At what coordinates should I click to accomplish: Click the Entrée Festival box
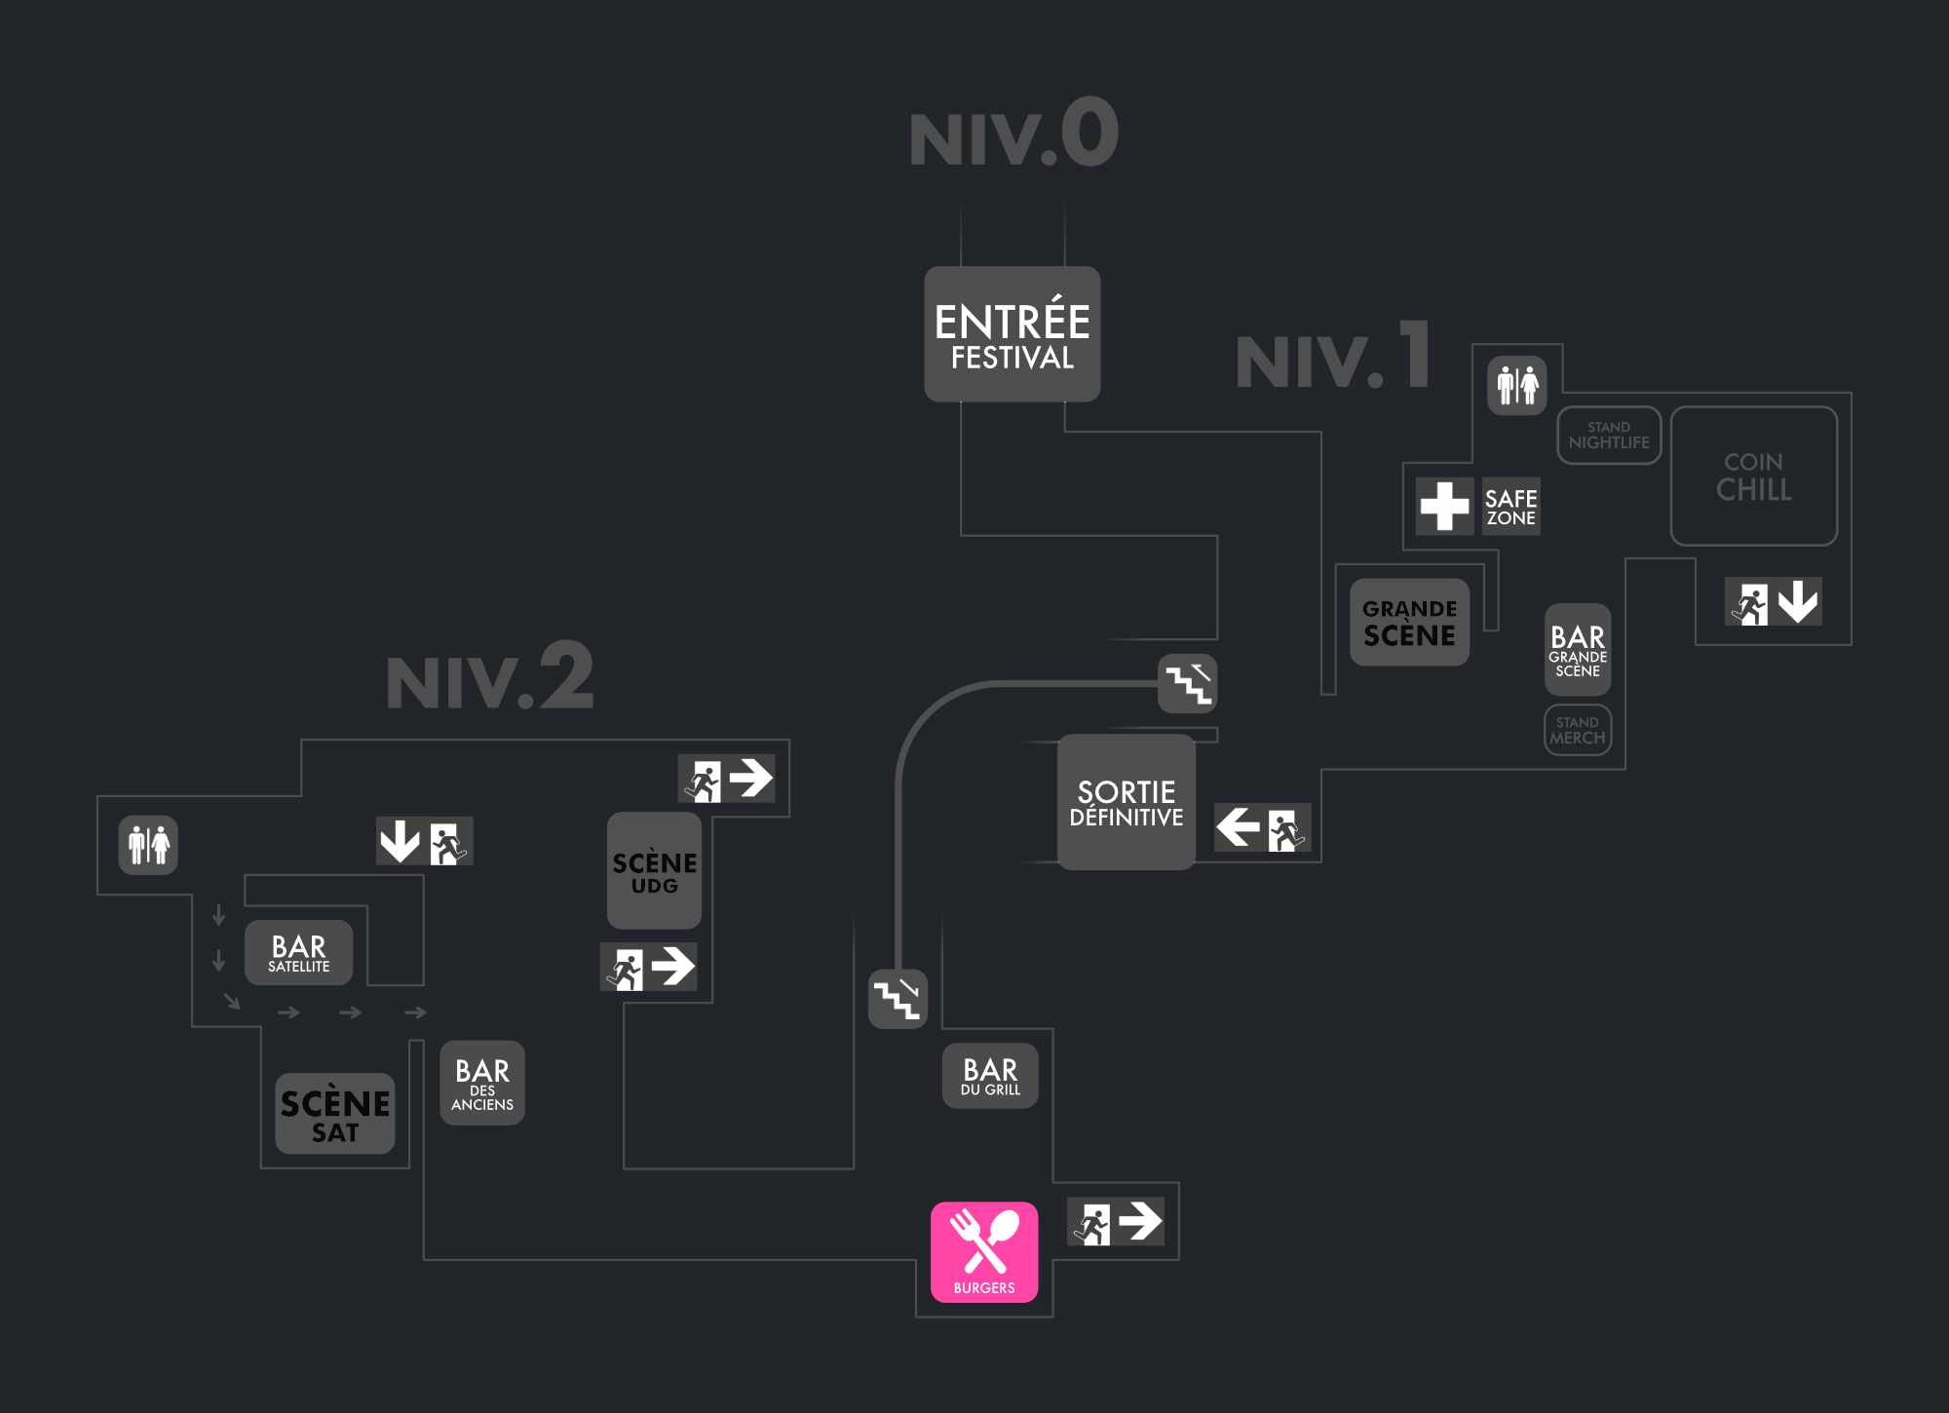click(x=1012, y=334)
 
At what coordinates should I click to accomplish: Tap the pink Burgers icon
click(x=984, y=1251)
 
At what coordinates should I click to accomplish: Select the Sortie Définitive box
click(x=1126, y=802)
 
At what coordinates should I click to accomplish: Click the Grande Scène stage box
click(x=1409, y=623)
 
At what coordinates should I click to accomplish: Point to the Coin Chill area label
click(x=1753, y=477)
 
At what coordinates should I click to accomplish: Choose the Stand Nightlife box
click(x=1609, y=436)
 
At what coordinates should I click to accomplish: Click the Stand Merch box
click(x=1578, y=730)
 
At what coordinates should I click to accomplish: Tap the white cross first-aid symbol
click(x=1444, y=506)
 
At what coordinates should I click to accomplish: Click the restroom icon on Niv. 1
click(x=1517, y=386)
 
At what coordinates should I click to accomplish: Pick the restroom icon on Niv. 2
click(x=148, y=845)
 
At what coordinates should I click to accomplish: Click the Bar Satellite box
click(x=298, y=953)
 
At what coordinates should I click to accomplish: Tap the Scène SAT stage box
click(x=334, y=1114)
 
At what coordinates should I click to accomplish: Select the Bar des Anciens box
click(x=482, y=1084)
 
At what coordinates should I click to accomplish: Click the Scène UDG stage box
click(x=654, y=871)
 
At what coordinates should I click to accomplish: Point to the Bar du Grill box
click(x=990, y=1076)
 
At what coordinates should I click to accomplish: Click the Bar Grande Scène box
click(x=1578, y=650)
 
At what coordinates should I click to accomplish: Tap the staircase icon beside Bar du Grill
click(x=898, y=999)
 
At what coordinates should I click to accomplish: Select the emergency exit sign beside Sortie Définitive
click(x=1262, y=828)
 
